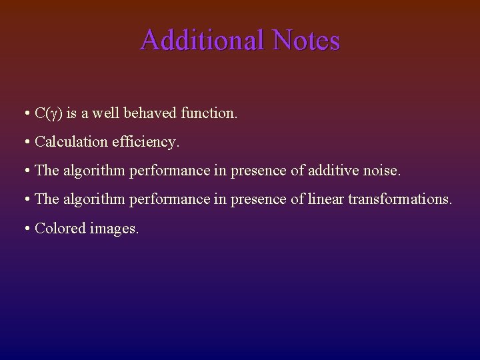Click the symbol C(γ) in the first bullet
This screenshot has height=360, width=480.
pyautogui.click(x=49, y=113)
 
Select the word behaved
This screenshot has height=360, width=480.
pyautogui.click(x=151, y=113)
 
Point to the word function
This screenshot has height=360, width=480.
pyautogui.click(x=209, y=113)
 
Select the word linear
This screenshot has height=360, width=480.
pyautogui.click(x=326, y=199)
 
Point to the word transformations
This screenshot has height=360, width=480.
pyautogui.click(x=400, y=199)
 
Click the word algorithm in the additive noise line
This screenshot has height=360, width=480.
pyautogui.click(x=94, y=171)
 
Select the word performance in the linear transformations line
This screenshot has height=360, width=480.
pyautogui.click(x=169, y=199)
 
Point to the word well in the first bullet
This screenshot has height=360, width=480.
pyautogui.click(x=105, y=113)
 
